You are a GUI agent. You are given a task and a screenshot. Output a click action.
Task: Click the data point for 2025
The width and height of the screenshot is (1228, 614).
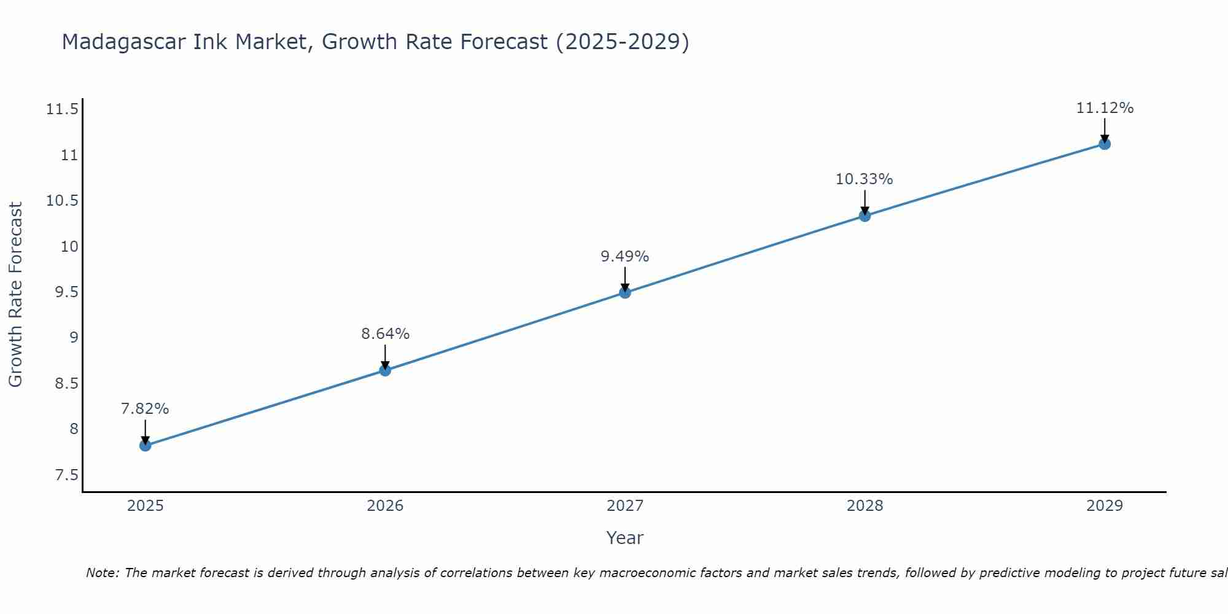pyautogui.click(x=146, y=445)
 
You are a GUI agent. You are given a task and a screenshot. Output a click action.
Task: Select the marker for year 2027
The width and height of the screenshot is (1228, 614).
pyautogui.click(x=625, y=292)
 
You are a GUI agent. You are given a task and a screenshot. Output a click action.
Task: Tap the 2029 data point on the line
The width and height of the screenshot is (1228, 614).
pyautogui.click(x=1105, y=144)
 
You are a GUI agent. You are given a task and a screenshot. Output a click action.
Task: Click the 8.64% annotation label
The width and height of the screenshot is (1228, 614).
pyautogui.click(x=385, y=334)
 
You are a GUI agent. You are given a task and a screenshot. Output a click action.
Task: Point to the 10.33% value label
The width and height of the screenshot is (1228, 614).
pyautogui.click(x=864, y=179)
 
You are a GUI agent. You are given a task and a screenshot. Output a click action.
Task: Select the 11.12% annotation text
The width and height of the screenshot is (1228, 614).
pyautogui.click(x=1105, y=108)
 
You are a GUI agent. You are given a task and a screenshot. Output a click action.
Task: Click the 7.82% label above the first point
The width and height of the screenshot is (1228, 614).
pyautogui.click(x=145, y=409)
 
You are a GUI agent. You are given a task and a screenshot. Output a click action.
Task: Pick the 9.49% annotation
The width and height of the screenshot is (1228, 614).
pyautogui.click(x=624, y=257)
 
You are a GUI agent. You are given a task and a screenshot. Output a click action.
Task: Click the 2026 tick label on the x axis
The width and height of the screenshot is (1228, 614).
pyautogui.click(x=385, y=506)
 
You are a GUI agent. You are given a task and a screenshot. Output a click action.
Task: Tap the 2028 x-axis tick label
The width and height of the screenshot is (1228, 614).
pyautogui.click(x=865, y=506)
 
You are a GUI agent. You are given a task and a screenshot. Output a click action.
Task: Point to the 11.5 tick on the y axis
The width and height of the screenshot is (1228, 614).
pyautogui.click(x=62, y=110)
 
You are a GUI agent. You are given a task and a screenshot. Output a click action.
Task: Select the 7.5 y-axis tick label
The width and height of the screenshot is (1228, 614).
pyautogui.click(x=66, y=475)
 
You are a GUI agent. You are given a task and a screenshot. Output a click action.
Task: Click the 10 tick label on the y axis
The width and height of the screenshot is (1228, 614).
pyautogui.click(x=69, y=247)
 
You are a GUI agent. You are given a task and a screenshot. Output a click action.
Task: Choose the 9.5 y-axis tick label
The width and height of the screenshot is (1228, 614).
pyautogui.click(x=66, y=292)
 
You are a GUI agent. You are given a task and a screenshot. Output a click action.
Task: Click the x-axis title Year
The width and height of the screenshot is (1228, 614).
pyautogui.click(x=624, y=538)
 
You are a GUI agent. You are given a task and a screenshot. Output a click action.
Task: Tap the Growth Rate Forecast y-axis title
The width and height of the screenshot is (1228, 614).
pyautogui.click(x=16, y=295)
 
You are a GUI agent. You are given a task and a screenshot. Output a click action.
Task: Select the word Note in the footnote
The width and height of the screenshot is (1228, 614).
pyautogui.click(x=102, y=573)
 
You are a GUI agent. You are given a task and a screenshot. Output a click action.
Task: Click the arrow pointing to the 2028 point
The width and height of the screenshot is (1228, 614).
pyautogui.click(x=865, y=203)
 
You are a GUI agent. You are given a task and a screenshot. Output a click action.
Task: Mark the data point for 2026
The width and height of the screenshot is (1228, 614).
pyautogui.click(x=385, y=370)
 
